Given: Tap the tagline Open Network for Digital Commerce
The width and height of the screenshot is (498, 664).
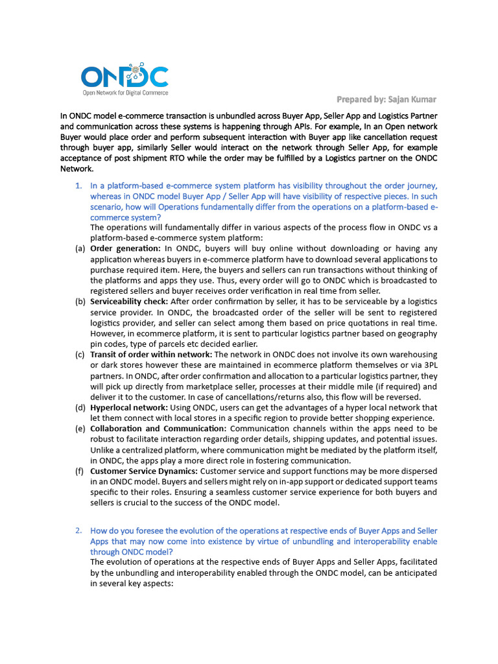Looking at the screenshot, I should (x=124, y=93).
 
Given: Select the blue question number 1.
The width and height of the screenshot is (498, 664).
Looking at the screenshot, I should (x=78, y=186).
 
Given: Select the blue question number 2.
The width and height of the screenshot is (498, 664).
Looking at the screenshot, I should (x=78, y=530).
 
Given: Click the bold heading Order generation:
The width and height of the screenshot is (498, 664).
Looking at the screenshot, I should (x=125, y=248).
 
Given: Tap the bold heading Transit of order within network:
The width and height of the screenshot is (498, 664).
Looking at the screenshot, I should (x=150, y=355).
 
